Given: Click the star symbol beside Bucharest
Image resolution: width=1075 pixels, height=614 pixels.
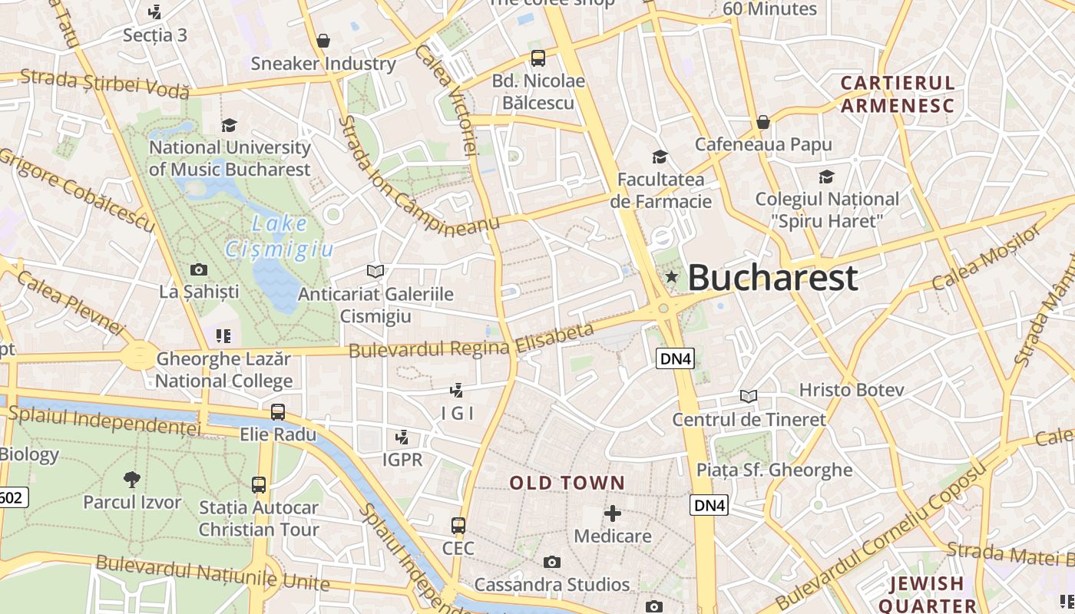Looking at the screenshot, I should (672, 276).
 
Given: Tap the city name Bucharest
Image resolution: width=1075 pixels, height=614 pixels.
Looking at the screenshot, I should (772, 277).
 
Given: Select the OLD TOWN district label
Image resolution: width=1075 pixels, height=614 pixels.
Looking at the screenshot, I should (567, 483).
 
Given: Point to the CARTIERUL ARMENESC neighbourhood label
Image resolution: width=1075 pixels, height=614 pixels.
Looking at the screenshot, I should (897, 94).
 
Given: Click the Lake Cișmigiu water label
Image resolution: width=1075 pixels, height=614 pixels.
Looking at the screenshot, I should (279, 236).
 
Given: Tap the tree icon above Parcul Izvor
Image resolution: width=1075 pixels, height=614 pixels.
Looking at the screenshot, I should (132, 480).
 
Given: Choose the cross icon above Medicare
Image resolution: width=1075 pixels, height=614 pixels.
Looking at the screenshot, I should (613, 513).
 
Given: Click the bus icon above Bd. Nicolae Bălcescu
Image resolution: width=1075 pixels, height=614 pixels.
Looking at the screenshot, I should (538, 58).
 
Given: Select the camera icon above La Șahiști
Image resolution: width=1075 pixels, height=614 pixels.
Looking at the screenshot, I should (199, 269).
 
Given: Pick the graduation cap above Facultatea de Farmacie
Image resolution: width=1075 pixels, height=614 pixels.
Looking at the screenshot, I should (660, 157).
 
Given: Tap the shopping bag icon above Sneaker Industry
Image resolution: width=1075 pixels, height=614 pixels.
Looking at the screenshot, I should (323, 40).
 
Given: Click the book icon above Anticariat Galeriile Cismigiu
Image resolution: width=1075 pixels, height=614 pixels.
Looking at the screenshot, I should (375, 271).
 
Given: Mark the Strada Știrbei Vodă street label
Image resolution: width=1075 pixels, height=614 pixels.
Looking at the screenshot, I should (104, 84).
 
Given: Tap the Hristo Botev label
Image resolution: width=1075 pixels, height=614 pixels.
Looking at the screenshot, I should (852, 390).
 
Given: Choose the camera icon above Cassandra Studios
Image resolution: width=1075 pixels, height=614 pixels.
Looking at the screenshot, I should (551, 563).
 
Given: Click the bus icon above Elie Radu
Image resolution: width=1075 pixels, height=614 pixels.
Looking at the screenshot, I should (278, 412).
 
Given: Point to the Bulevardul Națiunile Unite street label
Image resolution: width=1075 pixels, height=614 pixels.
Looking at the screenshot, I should (213, 574).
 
